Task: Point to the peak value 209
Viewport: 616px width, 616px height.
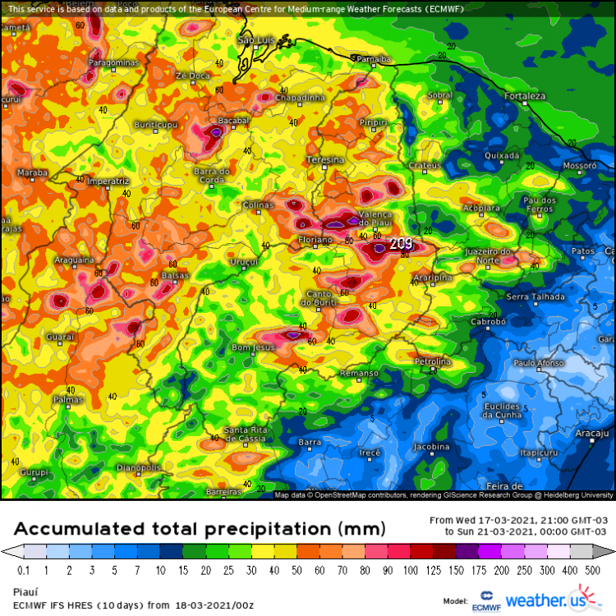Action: tap(401, 244)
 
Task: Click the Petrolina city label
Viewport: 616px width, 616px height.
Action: tap(432, 361)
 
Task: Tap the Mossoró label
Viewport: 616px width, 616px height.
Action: tap(578, 165)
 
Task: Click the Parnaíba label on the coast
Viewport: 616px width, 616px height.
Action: tap(373, 59)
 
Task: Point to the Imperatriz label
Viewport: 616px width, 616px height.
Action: tap(108, 180)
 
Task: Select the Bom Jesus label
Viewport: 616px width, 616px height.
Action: tap(252, 347)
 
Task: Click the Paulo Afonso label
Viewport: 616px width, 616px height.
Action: tap(538, 362)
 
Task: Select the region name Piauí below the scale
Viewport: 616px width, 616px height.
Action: tap(25, 590)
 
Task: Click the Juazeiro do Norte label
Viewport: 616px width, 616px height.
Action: tap(488, 255)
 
